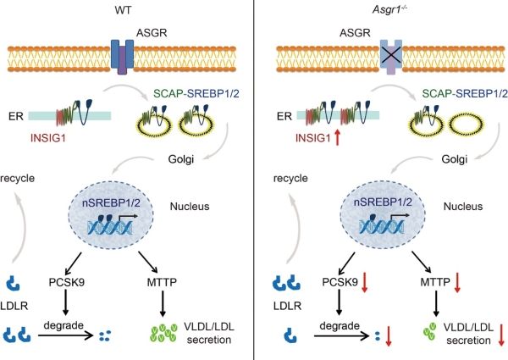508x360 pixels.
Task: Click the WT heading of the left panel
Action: pyautogui.click(x=123, y=9)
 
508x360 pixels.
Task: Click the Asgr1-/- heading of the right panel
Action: pyautogui.click(x=389, y=9)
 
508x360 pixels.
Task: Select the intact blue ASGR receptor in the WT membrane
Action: pyautogui.click(x=122, y=57)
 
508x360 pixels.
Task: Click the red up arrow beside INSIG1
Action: pyautogui.click(x=338, y=137)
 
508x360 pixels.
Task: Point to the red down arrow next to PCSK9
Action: pyautogui.click(x=365, y=283)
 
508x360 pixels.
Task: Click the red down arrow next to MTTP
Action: pyautogui.click(x=457, y=283)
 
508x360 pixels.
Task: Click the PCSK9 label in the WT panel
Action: pyautogui.click(x=67, y=282)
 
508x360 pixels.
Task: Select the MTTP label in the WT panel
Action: pyautogui.click(x=162, y=282)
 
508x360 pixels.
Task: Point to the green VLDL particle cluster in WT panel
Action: pyautogui.click(x=164, y=333)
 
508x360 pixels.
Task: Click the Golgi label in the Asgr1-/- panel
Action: pyautogui.click(x=454, y=159)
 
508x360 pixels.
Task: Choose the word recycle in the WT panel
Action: pyautogui.click(x=18, y=178)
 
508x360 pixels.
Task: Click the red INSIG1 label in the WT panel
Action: pyautogui.click(x=48, y=138)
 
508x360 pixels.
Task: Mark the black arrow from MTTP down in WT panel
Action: pyautogui.click(x=163, y=303)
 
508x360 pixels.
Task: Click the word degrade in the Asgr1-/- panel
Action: pyautogui.click(x=340, y=325)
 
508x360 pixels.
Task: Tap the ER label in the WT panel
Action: pyautogui.click(x=16, y=116)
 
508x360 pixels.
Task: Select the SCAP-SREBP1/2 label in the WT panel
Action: pyautogui.click(x=196, y=94)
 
